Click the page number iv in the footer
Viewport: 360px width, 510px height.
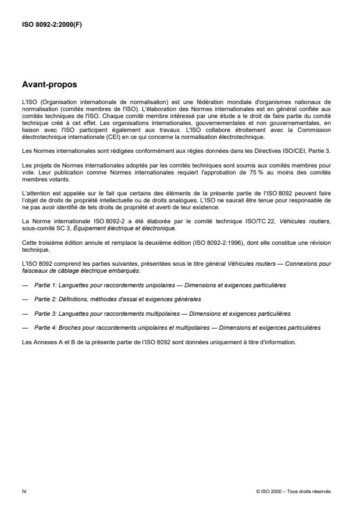(x=24, y=491)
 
